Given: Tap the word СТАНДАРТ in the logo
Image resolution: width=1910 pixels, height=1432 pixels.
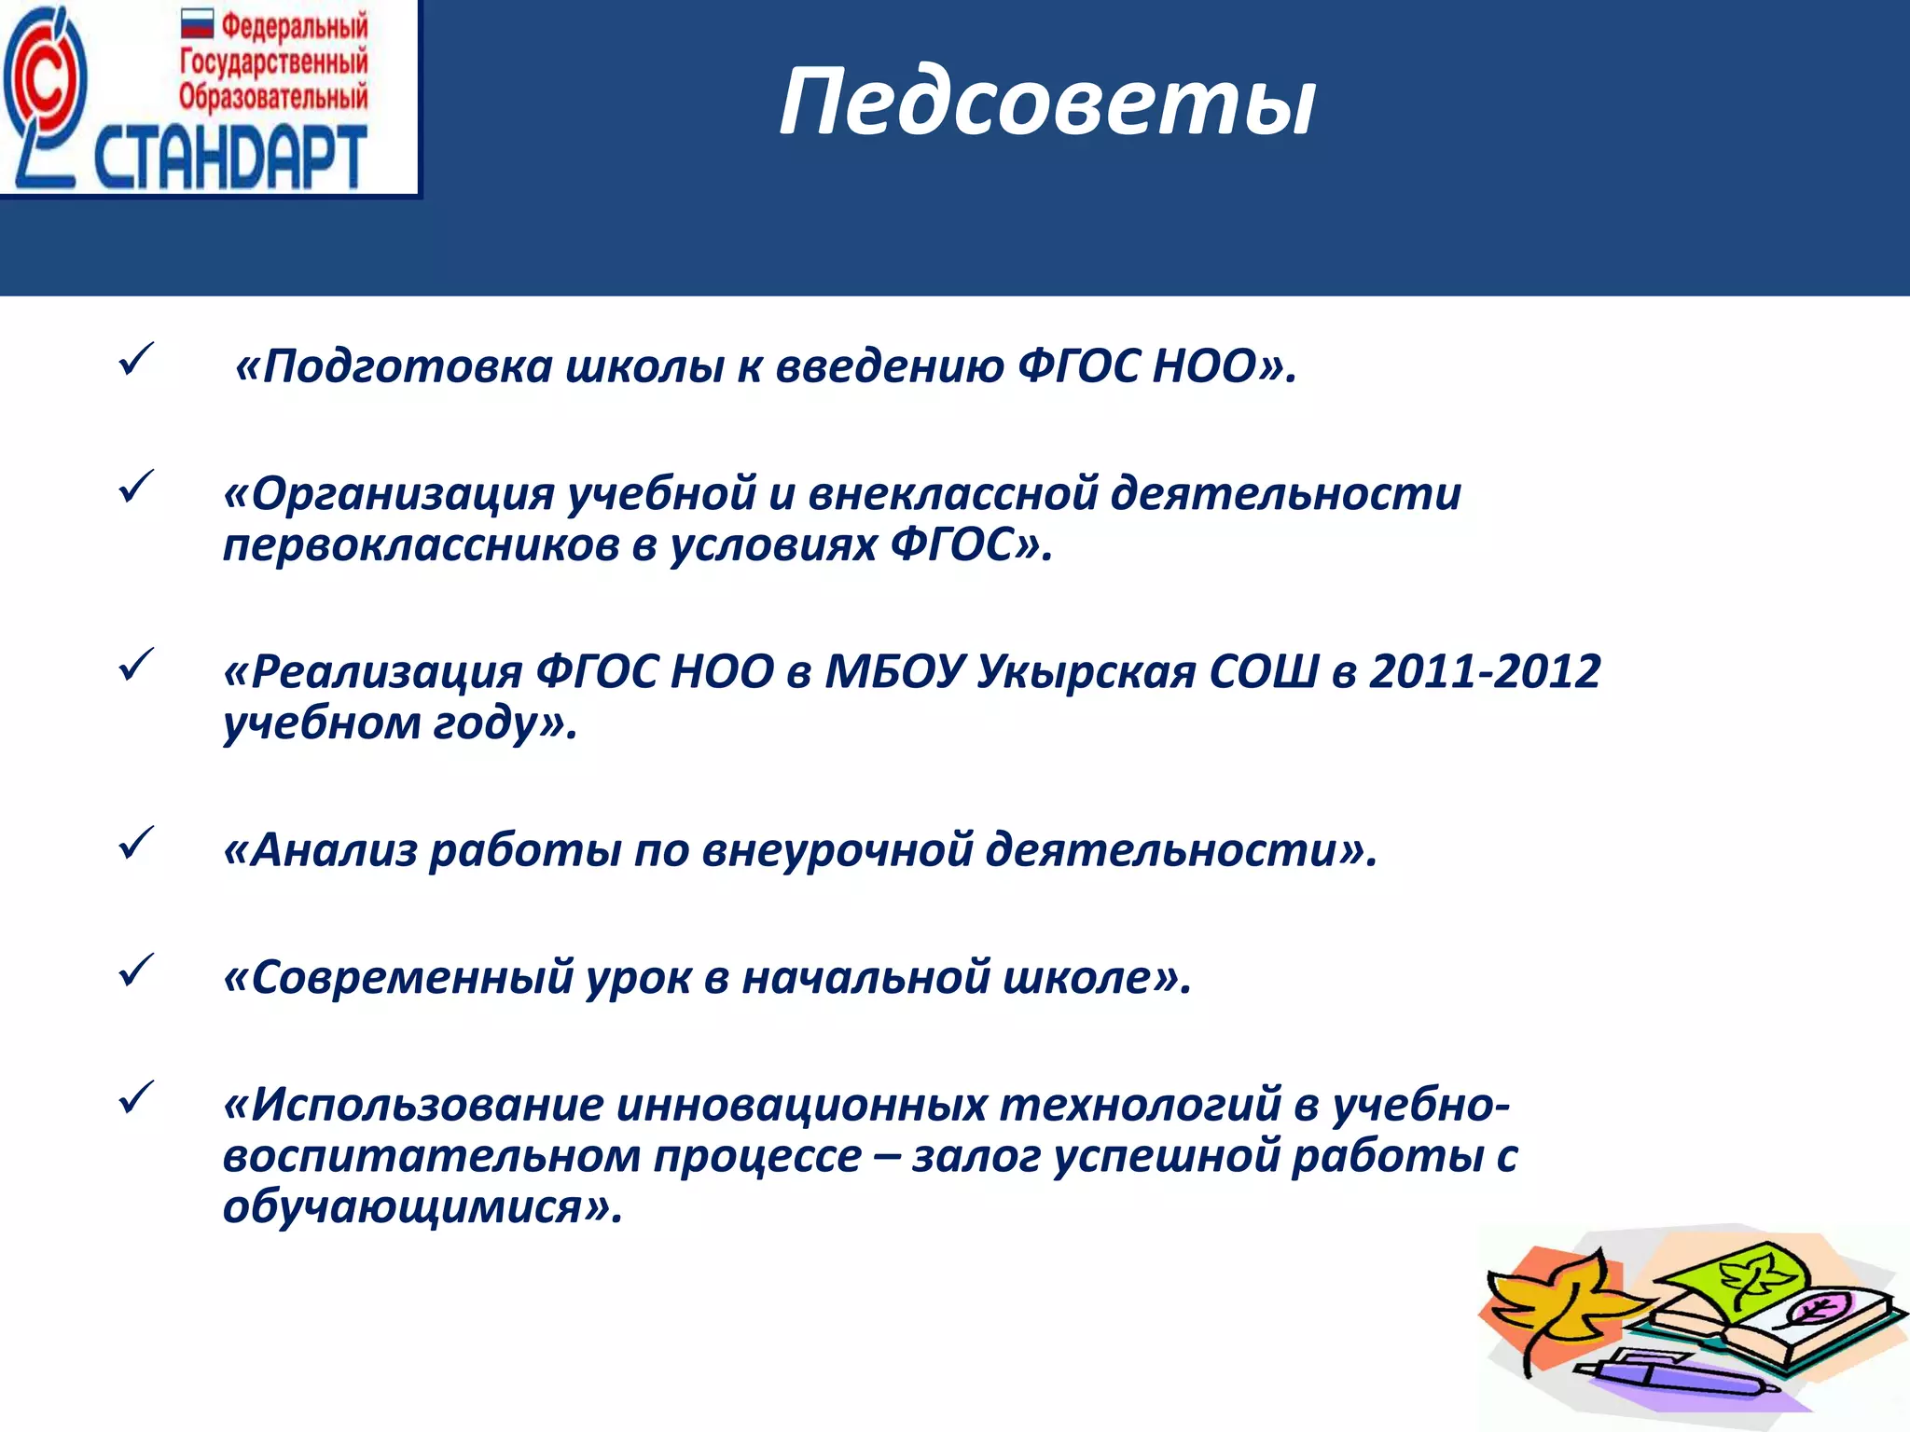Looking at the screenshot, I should [x=229, y=157].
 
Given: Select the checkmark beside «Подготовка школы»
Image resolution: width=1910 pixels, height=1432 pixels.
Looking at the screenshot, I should [x=136, y=359].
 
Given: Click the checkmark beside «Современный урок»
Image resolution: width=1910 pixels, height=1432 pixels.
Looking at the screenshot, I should [x=136, y=971].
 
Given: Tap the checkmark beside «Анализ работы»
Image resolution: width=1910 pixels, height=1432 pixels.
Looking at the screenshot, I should [x=136, y=843].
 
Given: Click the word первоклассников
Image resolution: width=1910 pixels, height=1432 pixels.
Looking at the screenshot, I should [x=421, y=544].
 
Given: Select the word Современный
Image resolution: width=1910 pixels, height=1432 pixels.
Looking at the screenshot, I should [x=411, y=978].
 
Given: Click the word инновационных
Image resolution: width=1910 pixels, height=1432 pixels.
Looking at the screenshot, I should [x=801, y=1105].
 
